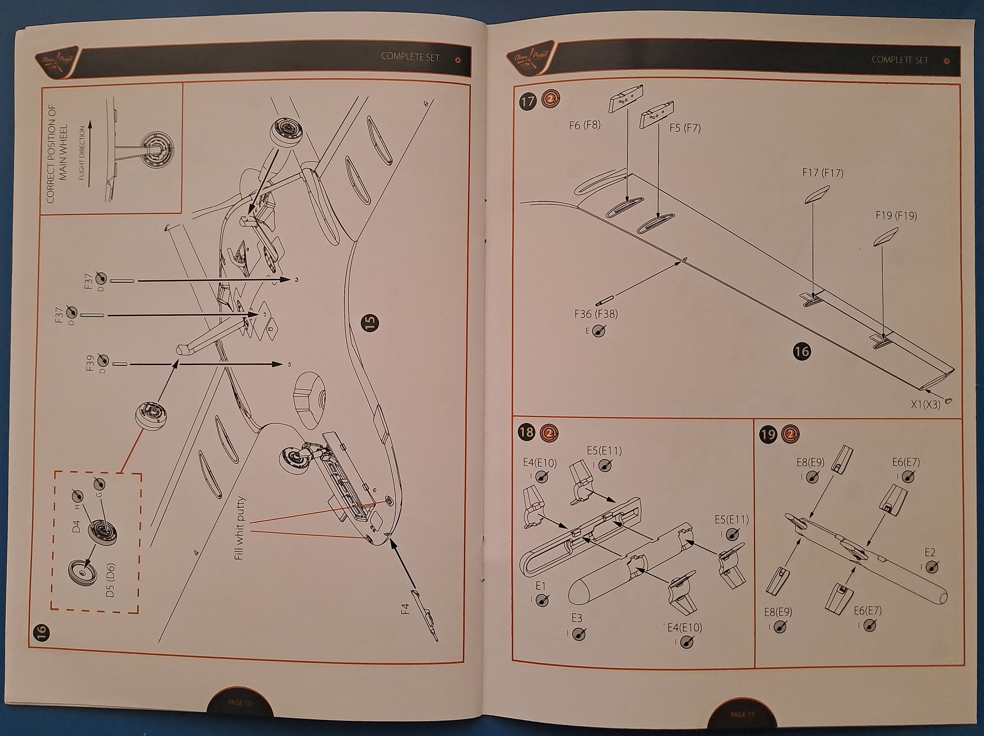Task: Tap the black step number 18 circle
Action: [526, 432]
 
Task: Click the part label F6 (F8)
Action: [585, 126]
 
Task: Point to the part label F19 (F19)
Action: [896, 216]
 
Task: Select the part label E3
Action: [576, 618]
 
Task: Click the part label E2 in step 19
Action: [930, 553]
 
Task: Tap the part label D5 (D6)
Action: [110, 580]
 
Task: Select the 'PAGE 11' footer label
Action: [742, 715]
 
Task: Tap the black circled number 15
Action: [371, 322]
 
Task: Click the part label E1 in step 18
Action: [540, 586]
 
